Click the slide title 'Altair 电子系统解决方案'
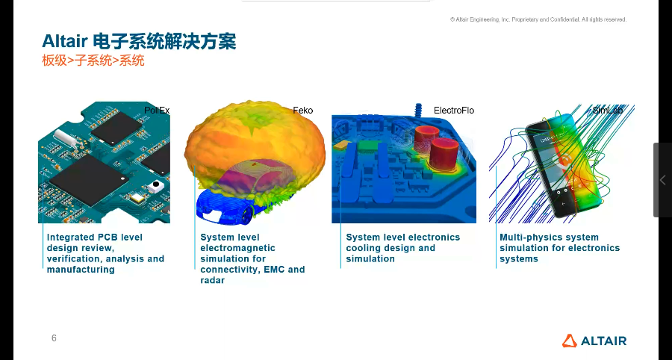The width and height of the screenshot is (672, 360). pos(139,41)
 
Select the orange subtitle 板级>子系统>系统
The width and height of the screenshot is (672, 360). pos(93,61)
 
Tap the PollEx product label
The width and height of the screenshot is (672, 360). pos(157,111)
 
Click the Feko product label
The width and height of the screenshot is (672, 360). pos(302,111)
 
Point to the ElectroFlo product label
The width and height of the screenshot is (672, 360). pos(453,111)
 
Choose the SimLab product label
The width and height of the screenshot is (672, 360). pos(607,111)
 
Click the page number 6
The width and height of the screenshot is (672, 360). pos(54,338)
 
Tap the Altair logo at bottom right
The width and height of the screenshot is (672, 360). pos(594,341)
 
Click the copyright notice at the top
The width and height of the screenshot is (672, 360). pos(538,19)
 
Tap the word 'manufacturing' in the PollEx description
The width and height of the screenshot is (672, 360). pos(81,270)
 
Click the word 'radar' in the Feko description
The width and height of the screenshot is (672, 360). pos(212,280)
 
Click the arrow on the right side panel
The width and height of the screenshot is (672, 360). pos(662,180)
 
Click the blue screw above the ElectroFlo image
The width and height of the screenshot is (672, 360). pos(419,110)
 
